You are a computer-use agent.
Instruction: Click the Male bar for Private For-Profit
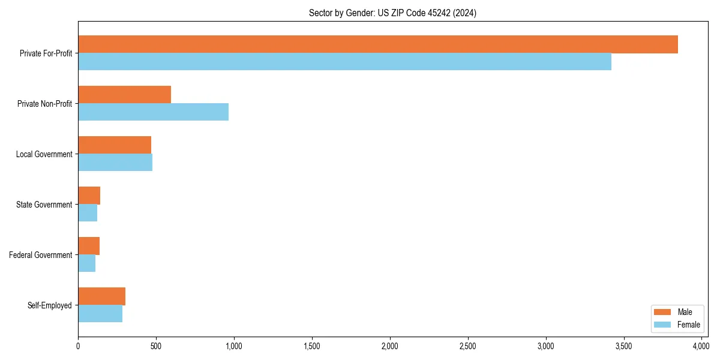(378, 44)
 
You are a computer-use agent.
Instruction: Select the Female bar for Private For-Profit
(345, 62)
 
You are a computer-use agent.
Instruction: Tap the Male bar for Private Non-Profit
(125, 95)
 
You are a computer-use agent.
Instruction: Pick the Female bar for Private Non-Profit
(154, 112)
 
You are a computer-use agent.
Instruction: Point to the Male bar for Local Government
(115, 145)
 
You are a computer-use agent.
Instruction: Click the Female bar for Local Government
(115, 163)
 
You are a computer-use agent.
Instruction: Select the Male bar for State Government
(89, 196)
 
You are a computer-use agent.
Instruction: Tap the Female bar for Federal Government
(87, 263)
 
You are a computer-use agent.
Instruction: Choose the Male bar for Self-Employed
(102, 296)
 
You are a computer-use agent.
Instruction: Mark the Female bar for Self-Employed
(100, 314)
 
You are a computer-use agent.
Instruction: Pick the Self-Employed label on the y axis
(50, 305)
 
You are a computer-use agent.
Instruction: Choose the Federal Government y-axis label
(41, 255)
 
